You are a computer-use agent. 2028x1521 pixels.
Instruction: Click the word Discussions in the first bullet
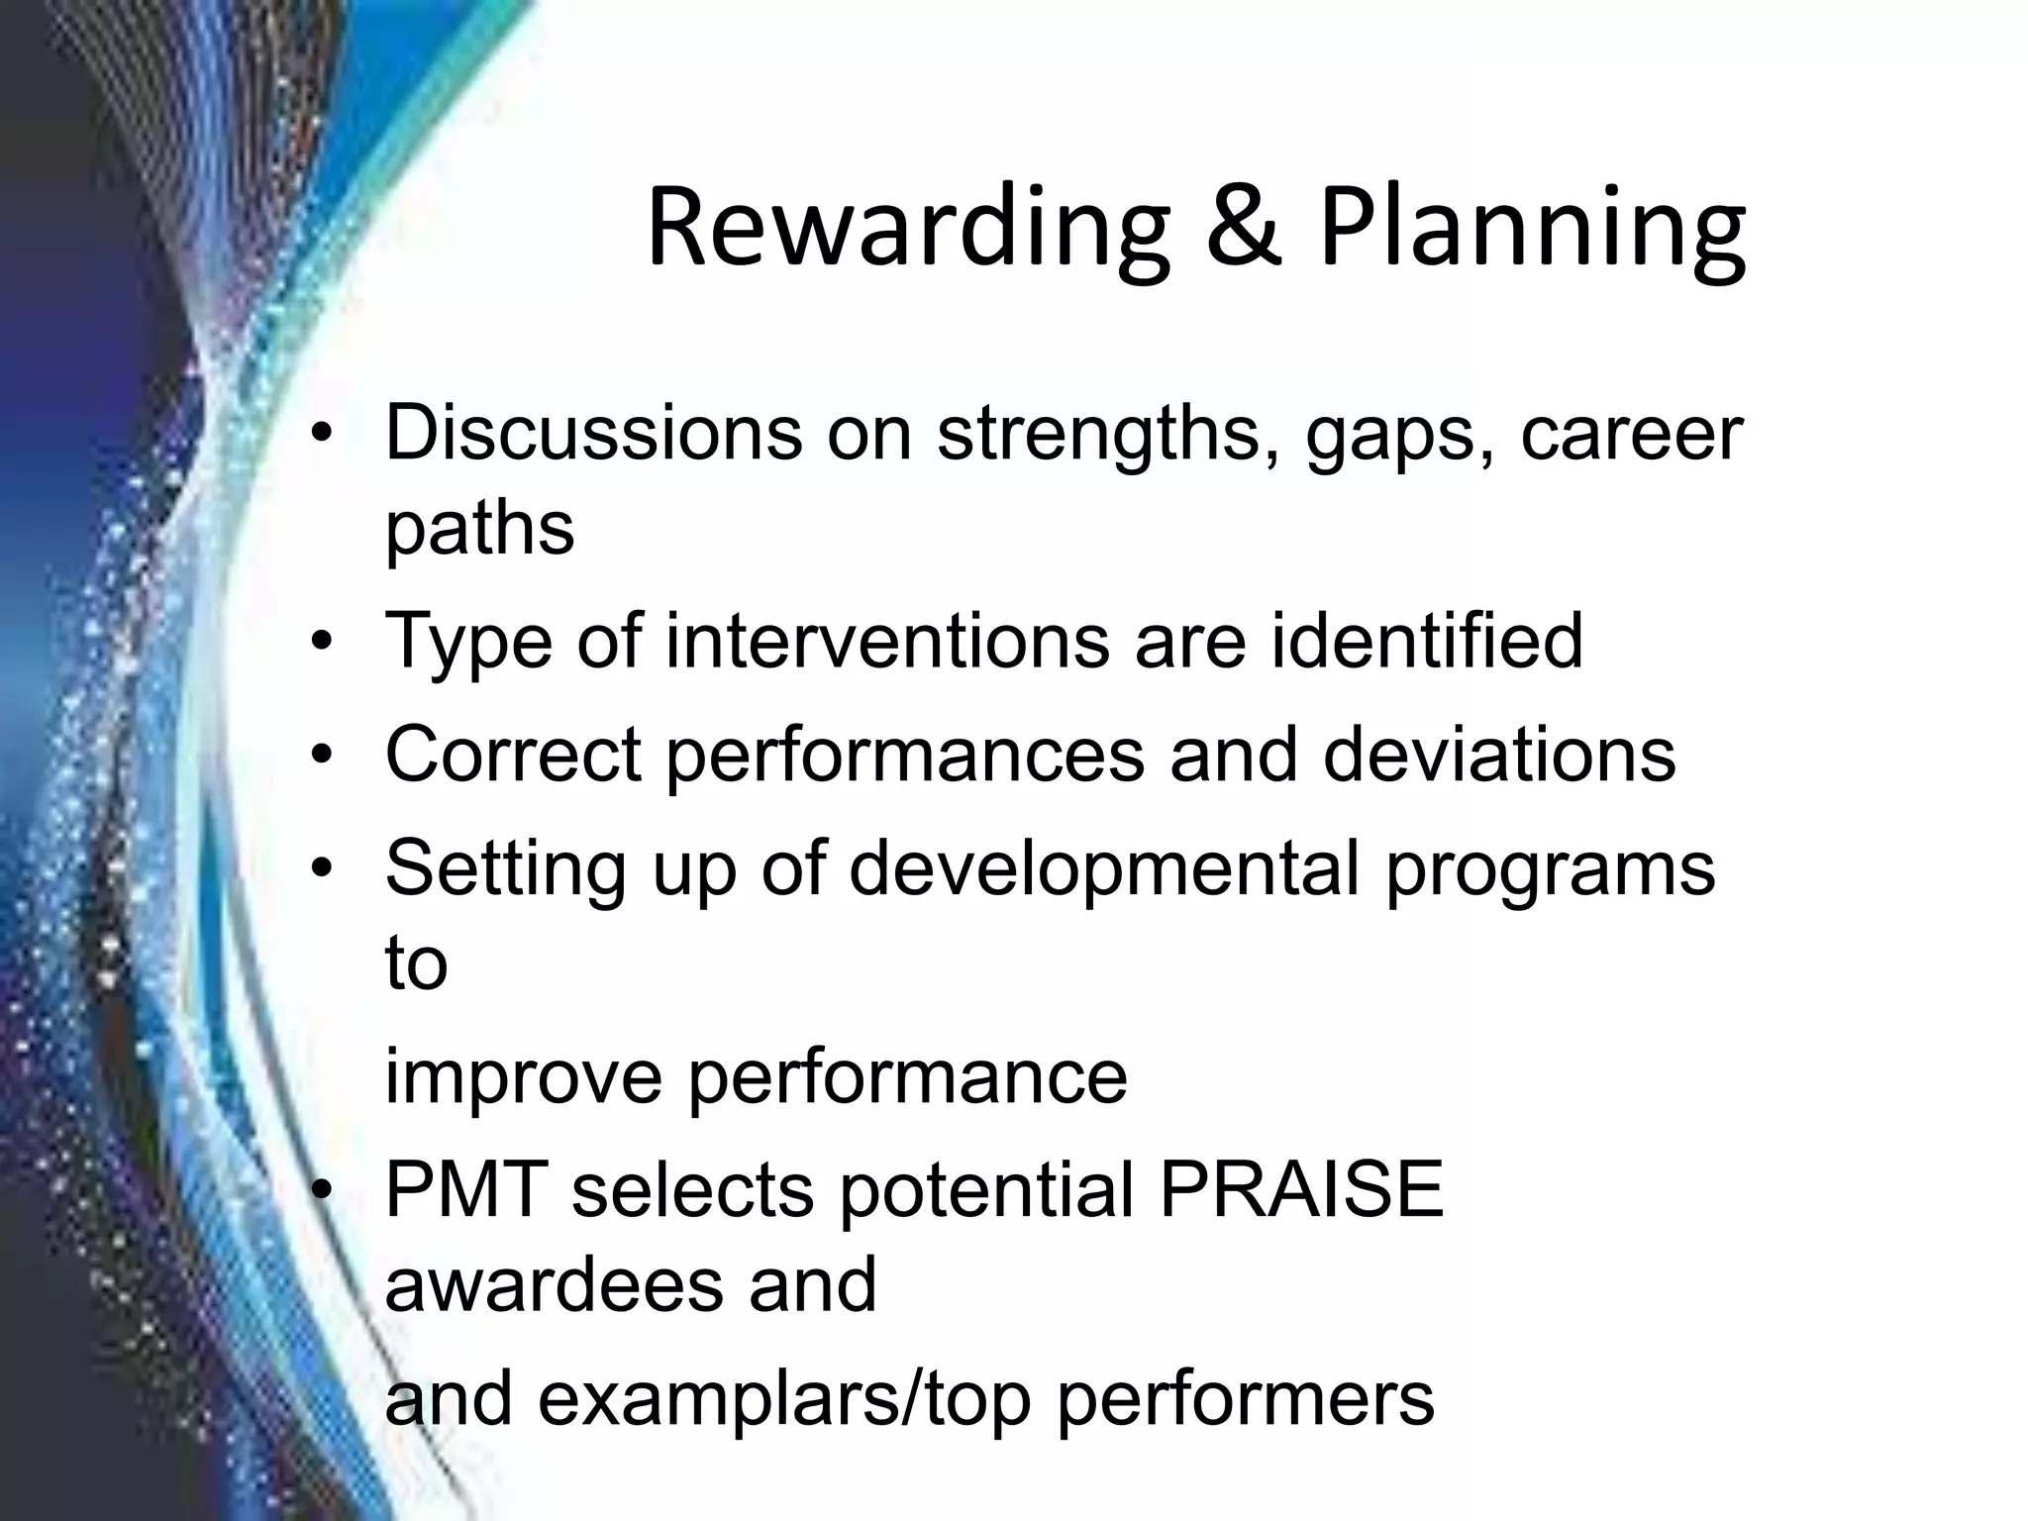pyautogui.click(x=593, y=433)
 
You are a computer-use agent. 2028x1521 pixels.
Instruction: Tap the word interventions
pyautogui.click(x=887, y=641)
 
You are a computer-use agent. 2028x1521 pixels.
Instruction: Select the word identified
pyautogui.click(x=1427, y=641)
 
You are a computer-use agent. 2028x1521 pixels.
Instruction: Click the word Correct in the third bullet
pyautogui.click(x=513, y=755)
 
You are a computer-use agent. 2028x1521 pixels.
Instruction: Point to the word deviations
pyautogui.click(x=1499, y=755)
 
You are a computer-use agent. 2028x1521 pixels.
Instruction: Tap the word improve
pyautogui.click(x=523, y=1077)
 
